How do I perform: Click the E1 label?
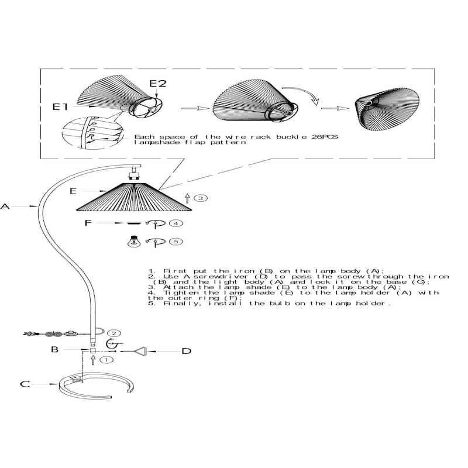point(60,107)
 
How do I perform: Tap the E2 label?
point(158,83)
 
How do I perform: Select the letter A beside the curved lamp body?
point(5,207)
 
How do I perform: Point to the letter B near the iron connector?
point(54,349)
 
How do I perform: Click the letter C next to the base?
point(25,384)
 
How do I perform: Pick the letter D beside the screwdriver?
point(187,351)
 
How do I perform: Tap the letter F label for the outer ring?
point(88,223)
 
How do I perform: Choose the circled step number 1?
point(106,360)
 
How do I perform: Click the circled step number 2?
point(113,333)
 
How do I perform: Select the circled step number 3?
point(201,198)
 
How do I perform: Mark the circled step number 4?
point(176,223)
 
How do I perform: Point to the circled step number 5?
point(176,241)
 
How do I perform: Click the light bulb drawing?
point(134,241)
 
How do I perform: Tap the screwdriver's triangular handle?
point(141,352)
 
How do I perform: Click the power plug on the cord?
point(30,333)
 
